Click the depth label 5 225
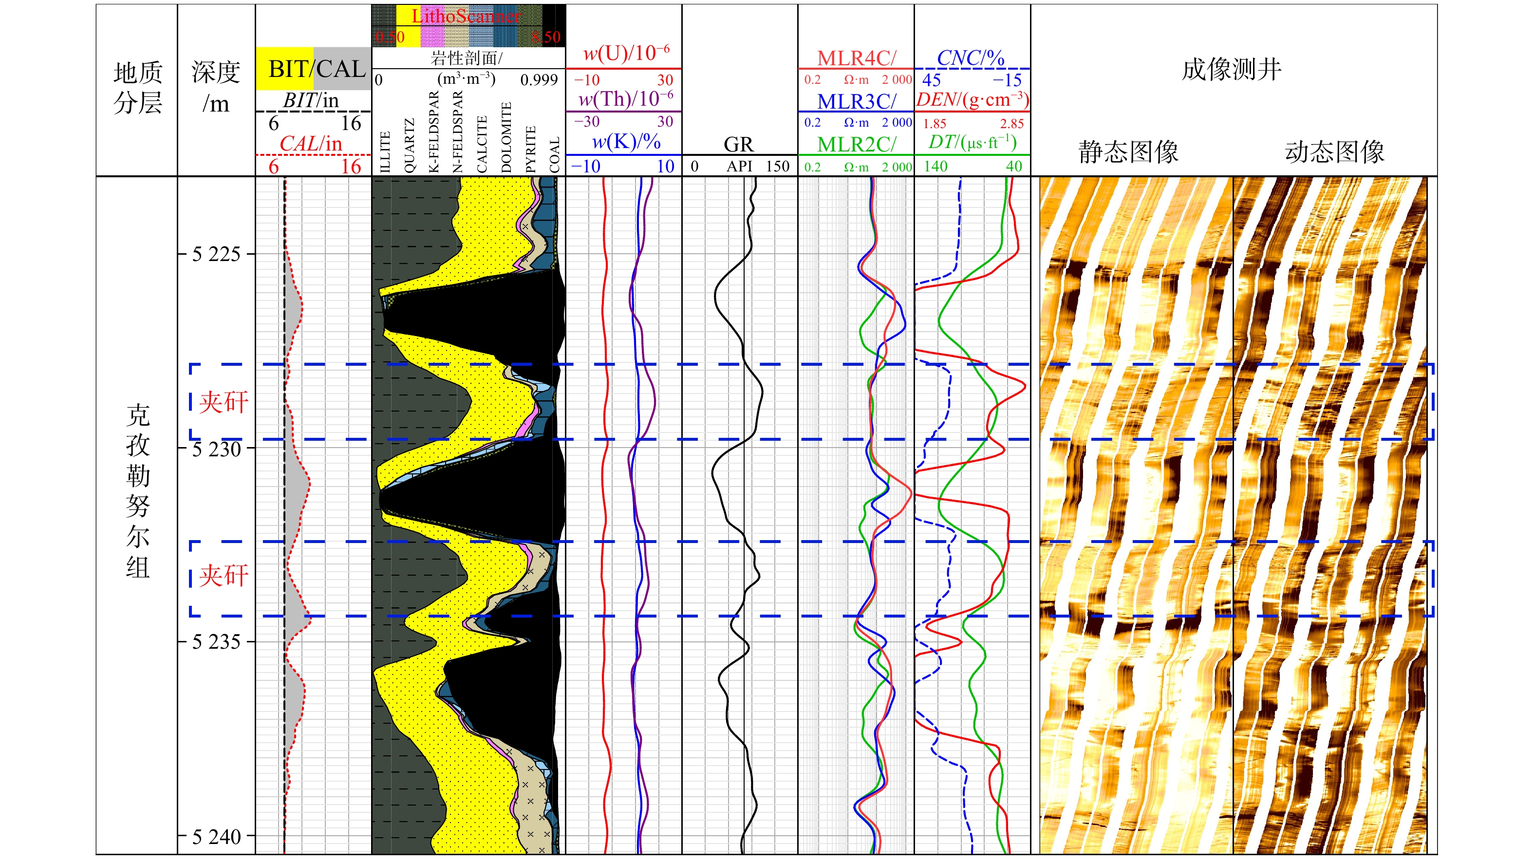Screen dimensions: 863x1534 point(216,254)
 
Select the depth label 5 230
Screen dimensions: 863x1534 point(216,449)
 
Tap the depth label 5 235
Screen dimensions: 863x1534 point(216,642)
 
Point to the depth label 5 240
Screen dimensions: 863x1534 point(216,837)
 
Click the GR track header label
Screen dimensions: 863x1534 point(738,144)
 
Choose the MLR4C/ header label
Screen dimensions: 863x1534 point(856,58)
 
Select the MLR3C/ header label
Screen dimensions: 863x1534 point(856,101)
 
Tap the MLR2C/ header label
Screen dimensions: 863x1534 point(856,144)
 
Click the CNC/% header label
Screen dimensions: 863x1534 point(971,58)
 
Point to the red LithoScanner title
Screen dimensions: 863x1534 point(466,16)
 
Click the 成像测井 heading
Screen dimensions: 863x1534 point(1232,69)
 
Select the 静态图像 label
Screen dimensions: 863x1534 point(1128,151)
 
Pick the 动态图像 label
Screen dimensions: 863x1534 point(1334,151)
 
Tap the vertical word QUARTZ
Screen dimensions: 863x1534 point(409,146)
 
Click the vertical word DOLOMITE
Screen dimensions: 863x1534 point(506,137)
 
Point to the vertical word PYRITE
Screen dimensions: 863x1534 point(531,150)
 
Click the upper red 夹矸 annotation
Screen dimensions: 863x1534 point(224,402)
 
